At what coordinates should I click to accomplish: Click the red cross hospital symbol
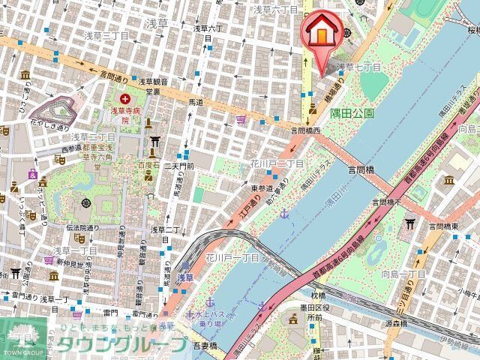125,97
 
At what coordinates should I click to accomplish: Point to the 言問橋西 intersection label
306,130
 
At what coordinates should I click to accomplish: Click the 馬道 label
196,101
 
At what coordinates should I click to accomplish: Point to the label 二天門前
179,165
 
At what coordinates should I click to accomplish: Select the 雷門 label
110,311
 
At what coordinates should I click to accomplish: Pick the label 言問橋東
443,226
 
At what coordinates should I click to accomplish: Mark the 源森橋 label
395,324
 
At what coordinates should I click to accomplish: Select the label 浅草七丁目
362,67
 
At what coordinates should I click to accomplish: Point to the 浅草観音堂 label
154,85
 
